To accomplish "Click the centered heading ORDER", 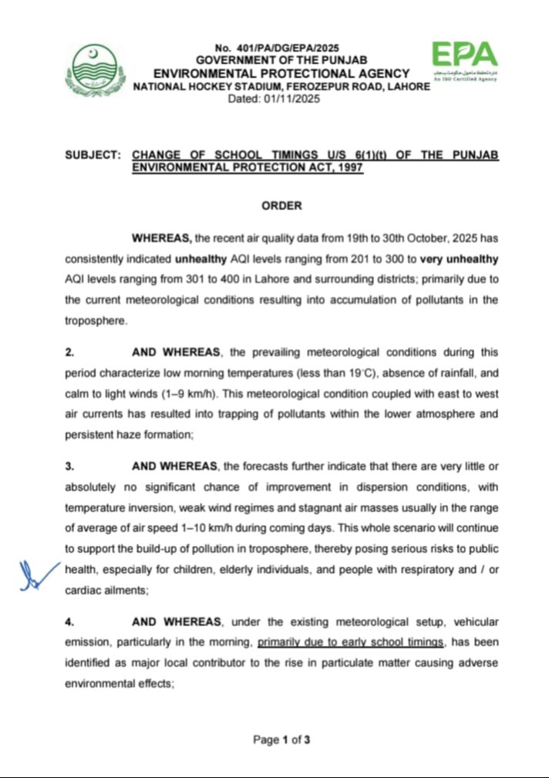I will tap(281, 206).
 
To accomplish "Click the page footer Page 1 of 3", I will tap(281, 740).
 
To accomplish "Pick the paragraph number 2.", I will tap(69, 352).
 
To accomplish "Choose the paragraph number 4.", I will tap(69, 621).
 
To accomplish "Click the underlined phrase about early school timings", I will tap(352, 642).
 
